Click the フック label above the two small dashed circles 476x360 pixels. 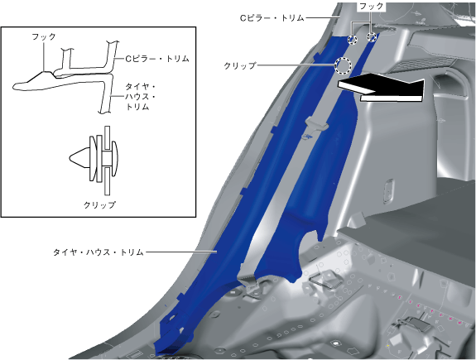371,6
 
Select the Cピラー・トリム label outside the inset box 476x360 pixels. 272,18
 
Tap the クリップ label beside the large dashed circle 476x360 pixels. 240,65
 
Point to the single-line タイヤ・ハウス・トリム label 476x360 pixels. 98,252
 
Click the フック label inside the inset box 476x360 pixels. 44,36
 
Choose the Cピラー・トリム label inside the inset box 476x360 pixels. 157,59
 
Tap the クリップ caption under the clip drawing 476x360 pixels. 99,205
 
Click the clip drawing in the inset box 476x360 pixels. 94,161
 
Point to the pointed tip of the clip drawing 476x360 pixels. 70,158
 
